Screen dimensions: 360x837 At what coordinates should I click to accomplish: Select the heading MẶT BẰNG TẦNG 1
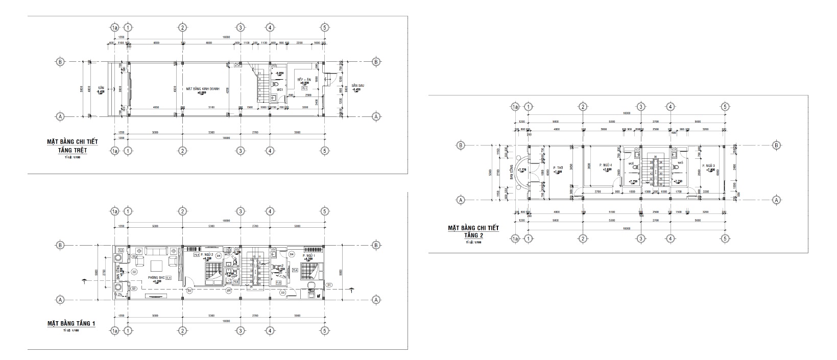pyautogui.click(x=71, y=324)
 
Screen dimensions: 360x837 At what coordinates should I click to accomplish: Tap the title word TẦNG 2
pyautogui.click(x=473, y=235)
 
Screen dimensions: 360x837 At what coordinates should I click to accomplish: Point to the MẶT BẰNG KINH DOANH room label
pyautogui.click(x=203, y=89)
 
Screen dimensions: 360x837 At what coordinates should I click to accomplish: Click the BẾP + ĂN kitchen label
pyautogui.click(x=304, y=80)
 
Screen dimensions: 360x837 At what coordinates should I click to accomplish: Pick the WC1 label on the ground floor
pyautogui.click(x=280, y=89)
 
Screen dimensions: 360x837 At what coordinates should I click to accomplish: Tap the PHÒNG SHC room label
pyautogui.click(x=155, y=278)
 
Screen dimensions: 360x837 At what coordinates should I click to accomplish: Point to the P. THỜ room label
pyautogui.click(x=558, y=167)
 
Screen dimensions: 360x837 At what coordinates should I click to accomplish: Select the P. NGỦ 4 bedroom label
pyautogui.click(x=606, y=165)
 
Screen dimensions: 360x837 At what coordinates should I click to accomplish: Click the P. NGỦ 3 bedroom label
pyautogui.click(x=708, y=165)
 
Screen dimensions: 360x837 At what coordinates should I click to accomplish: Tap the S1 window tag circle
pyautogui.click(x=329, y=284)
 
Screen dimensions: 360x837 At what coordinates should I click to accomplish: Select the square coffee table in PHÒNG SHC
pyautogui.click(x=156, y=265)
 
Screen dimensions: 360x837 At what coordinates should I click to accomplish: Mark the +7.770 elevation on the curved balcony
pyautogui.click(x=522, y=170)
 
